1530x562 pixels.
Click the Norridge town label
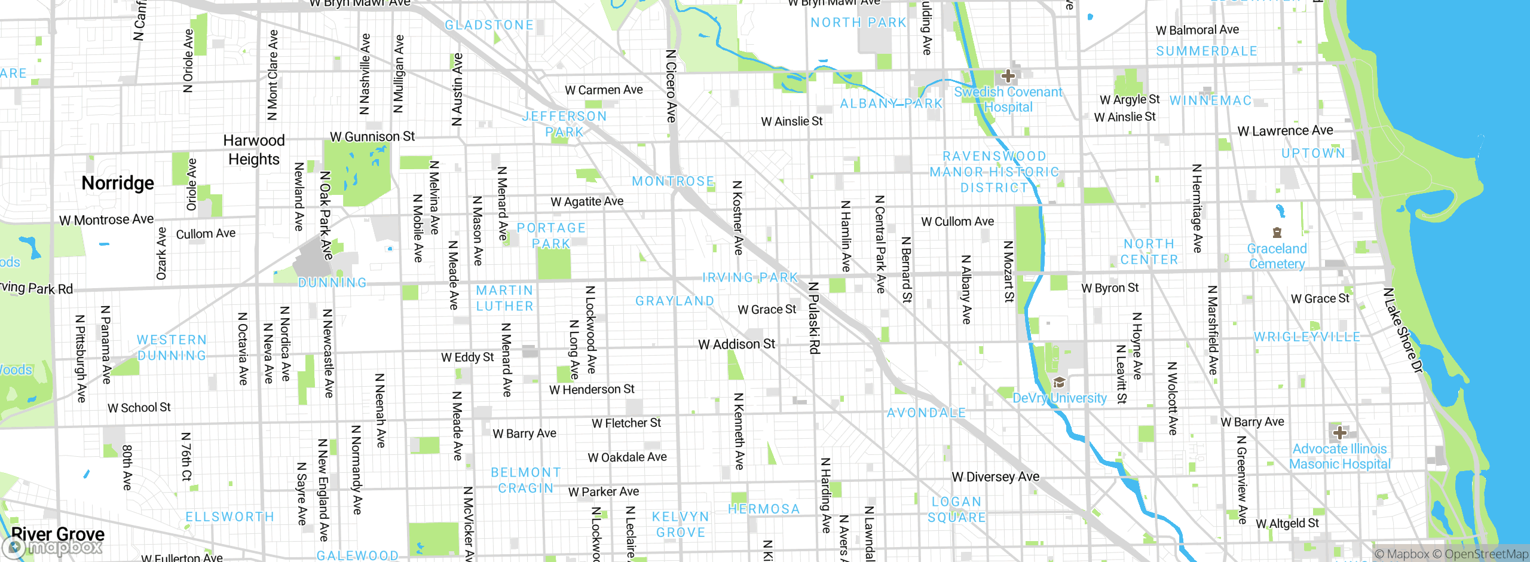tap(118, 183)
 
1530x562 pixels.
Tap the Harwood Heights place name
tap(254, 150)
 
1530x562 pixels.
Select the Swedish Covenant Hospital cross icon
tap(1008, 76)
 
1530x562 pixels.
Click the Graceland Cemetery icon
tap(1277, 233)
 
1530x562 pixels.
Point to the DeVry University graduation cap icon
tap(1059, 382)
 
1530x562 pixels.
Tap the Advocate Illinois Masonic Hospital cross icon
tap(1340, 432)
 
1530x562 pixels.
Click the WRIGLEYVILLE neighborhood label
tap(1307, 337)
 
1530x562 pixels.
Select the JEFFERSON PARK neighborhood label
tap(564, 124)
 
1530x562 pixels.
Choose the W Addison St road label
tap(736, 344)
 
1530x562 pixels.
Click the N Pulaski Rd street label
tap(813, 318)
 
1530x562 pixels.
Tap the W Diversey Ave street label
tap(995, 477)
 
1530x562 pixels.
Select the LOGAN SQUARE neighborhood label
tap(956, 509)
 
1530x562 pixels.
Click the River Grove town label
tap(58, 533)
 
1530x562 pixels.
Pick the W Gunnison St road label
tap(372, 137)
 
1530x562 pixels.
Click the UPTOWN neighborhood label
tap(1313, 154)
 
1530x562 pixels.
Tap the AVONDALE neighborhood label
tap(926, 413)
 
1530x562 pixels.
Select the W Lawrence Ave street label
tap(1285, 131)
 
